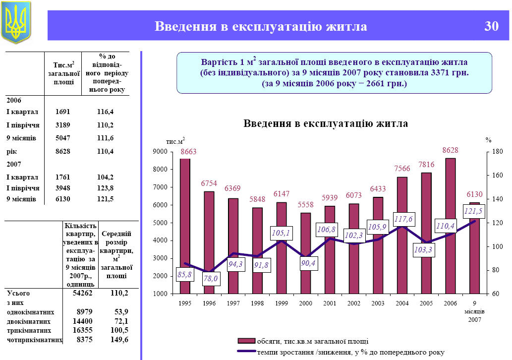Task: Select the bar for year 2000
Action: point(305,253)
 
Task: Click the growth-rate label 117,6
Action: point(404,219)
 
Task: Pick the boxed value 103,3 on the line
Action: point(423,250)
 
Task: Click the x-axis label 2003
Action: point(377,302)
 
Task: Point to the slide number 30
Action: point(491,27)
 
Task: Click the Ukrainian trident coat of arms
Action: point(16,22)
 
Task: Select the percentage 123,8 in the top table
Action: point(105,188)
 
